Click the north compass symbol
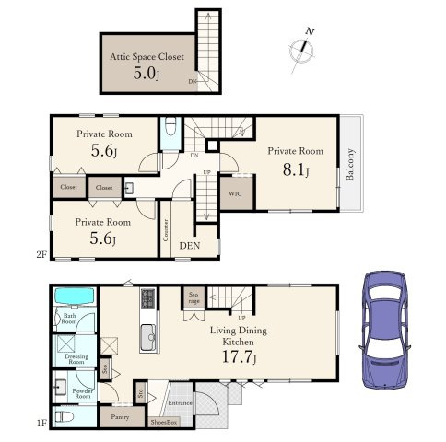coord(302,51)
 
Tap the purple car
coord(385,331)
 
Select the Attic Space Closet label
coord(147,57)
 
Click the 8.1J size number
coord(296,169)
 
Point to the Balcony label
coord(350,164)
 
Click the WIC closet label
coord(235,193)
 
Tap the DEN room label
coord(190,246)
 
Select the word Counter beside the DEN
coord(166,230)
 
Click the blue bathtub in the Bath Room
coord(74,297)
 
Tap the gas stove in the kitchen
coord(148,298)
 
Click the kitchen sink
coord(148,338)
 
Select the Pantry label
coord(120,417)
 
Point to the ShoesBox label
coord(164,423)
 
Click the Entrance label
coord(180,402)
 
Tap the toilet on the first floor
coord(65,417)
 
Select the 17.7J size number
coord(239,357)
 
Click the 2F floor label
coord(41,254)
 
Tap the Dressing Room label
coord(76,359)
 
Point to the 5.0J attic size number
coord(147,74)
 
